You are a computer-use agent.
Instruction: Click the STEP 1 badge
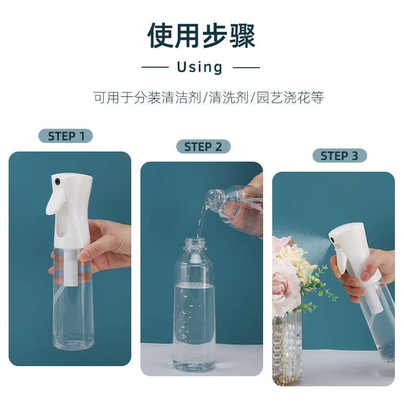coord(66,136)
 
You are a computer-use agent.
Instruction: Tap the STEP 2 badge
coord(203,146)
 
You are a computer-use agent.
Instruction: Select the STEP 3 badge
coord(339,156)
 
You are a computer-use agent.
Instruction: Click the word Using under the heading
coord(200,67)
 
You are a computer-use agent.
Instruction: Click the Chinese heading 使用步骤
coord(201,35)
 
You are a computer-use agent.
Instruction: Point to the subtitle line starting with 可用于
coord(209,97)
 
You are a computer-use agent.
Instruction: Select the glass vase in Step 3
coord(287,348)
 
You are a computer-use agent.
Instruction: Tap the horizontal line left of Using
coord(155,67)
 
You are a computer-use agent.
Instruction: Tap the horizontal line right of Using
coord(246,67)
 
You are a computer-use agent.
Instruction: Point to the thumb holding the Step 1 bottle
coord(86,252)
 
